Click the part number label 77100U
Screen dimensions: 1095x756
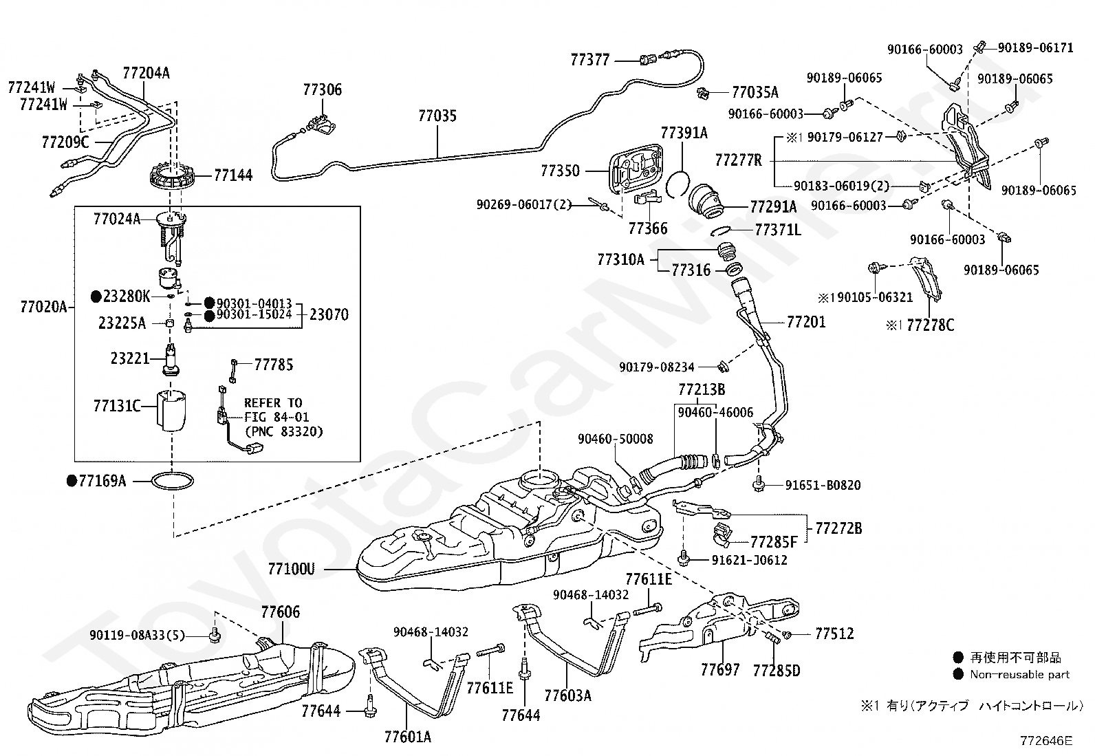292,569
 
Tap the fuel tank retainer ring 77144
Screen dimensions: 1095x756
172,175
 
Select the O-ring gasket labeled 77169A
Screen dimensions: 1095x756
173,481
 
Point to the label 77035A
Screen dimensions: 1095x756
755,92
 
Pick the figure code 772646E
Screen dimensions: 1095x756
1045,740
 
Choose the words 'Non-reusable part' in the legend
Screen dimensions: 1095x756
1020,674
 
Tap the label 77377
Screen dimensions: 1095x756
590,60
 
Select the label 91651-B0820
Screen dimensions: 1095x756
823,485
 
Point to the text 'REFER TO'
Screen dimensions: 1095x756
273,403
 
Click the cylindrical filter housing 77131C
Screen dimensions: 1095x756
171,410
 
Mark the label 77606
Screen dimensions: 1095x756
281,612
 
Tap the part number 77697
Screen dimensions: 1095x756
720,669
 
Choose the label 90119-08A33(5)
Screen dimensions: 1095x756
138,635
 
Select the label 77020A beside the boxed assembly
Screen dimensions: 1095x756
43,307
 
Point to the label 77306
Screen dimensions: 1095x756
322,89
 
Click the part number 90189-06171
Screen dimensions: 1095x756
1035,47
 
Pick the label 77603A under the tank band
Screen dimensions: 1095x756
567,695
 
